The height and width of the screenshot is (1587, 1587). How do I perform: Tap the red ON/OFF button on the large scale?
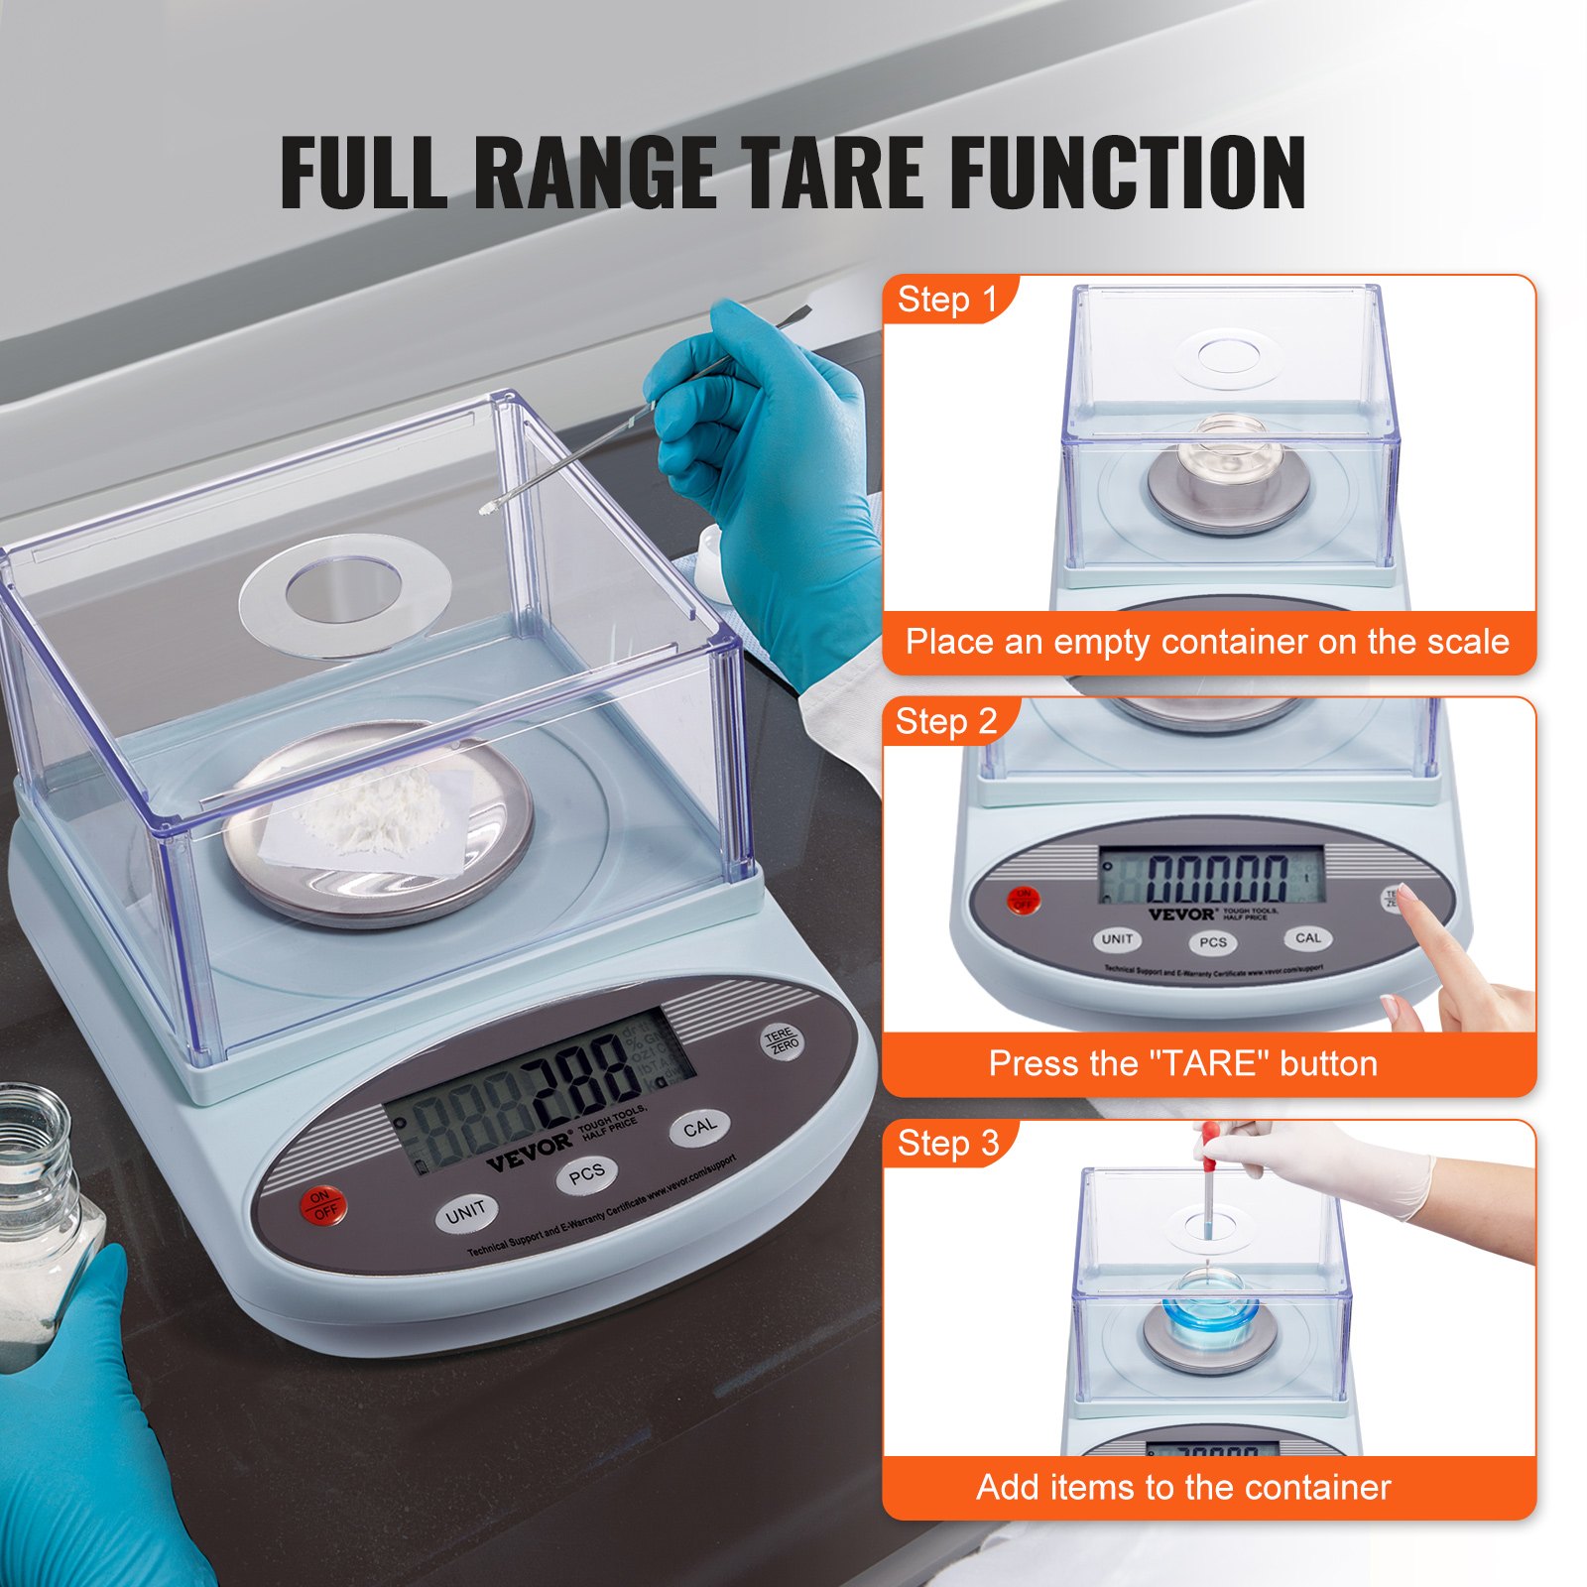pos(322,1204)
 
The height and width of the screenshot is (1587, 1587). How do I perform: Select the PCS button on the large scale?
pos(586,1174)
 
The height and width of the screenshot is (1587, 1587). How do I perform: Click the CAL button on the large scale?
pos(699,1128)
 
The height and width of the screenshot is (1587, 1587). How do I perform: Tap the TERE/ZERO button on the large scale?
pos(782,1041)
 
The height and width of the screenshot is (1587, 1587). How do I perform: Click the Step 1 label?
pos(946,300)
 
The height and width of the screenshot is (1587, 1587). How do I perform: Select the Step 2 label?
pos(945,722)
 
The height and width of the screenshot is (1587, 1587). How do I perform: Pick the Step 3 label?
pos(947,1144)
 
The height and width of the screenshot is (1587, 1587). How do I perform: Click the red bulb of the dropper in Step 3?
pos(1209,1137)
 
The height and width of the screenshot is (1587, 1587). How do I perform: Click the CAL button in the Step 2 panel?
pos(1307,937)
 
